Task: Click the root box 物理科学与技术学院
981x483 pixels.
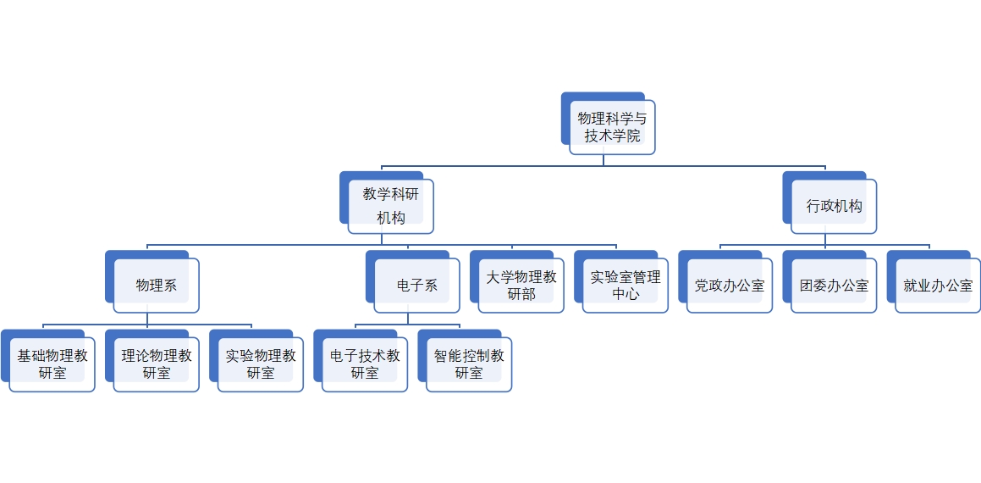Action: (x=612, y=127)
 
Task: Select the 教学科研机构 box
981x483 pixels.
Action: (x=390, y=206)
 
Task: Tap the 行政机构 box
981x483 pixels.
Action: (x=834, y=206)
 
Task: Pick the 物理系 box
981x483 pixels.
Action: (x=157, y=286)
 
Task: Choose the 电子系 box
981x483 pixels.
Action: (x=416, y=286)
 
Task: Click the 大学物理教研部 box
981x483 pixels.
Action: (x=521, y=286)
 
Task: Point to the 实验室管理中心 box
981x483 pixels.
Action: (x=626, y=286)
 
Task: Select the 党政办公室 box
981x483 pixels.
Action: (x=730, y=286)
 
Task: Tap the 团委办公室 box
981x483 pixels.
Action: (x=834, y=286)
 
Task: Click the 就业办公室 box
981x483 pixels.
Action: (x=938, y=286)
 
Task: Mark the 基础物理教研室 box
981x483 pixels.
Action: (x=52, y=364)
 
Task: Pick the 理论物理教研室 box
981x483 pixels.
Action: (x=157, y=364)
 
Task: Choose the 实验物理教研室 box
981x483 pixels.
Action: (x=261, y=364)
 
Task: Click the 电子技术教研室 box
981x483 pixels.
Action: (x=365, y=364)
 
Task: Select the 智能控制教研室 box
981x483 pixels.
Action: (x=469, y=364)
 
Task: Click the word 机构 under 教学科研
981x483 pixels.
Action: (x=390, y=218)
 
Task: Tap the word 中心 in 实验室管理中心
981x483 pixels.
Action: (x=626, y=295)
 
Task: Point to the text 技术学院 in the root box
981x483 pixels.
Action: (x=612, y=136)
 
